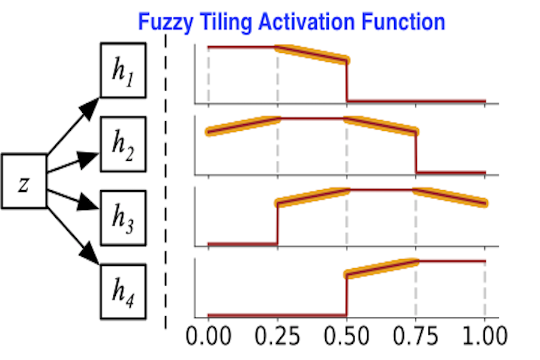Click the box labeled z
[x=23, y=181]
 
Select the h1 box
[x=123, y=71]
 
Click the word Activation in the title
[x=304, y=22]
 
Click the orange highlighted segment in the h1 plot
[x=311, y=53]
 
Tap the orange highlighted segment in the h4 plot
[x=382, y=268]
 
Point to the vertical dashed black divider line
[x=166, y=180]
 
